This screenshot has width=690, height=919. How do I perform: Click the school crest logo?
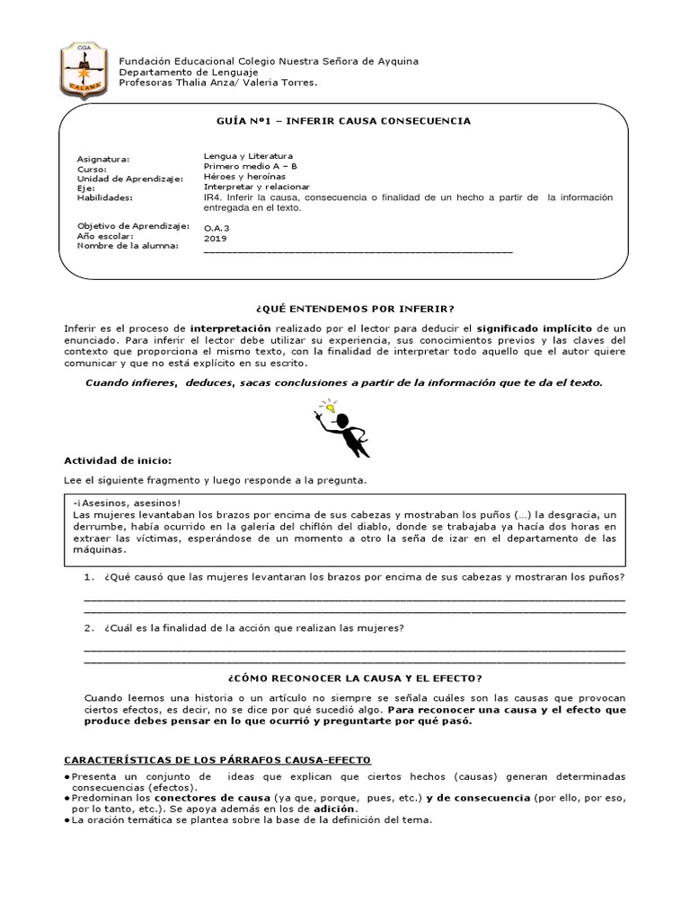pyautogui.click(x=86, y=66)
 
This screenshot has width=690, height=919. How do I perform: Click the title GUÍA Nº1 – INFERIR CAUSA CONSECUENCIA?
pyautogui.click(x=345, y=120)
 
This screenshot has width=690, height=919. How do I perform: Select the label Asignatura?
pyautogui.click(x=103, y=159)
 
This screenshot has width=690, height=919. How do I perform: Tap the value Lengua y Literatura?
pyautogui.click(x=248, y=155)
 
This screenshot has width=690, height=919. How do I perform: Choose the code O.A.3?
pyautogui.click(x=217, y=229)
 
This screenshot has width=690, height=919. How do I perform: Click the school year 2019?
pyautogui.click(x=215, y=239)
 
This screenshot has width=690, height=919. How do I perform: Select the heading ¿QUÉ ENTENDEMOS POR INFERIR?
pyautogui.click(x=345, y=308)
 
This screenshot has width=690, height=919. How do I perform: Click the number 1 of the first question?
pyautogui.click(x=88, y=575)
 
